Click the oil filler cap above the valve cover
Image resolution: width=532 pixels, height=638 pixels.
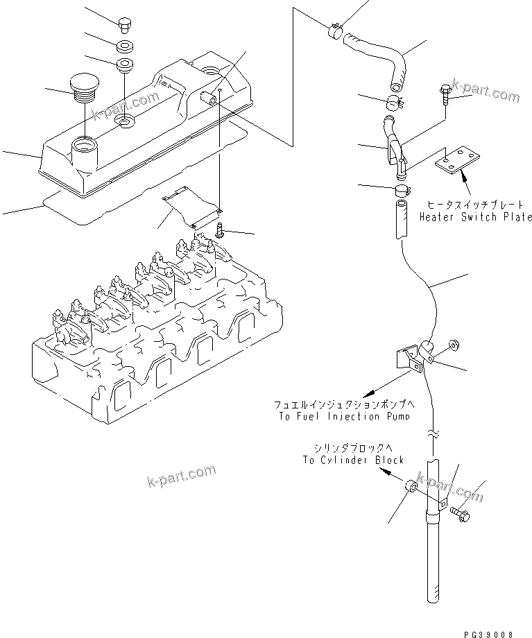[x=84, y=88]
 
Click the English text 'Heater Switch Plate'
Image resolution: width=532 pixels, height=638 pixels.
[x=475, y=217]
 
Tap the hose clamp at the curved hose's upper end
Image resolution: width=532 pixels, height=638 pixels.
[x=334, y=29]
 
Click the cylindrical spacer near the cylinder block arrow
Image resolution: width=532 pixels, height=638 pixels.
[x=411, y=488]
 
